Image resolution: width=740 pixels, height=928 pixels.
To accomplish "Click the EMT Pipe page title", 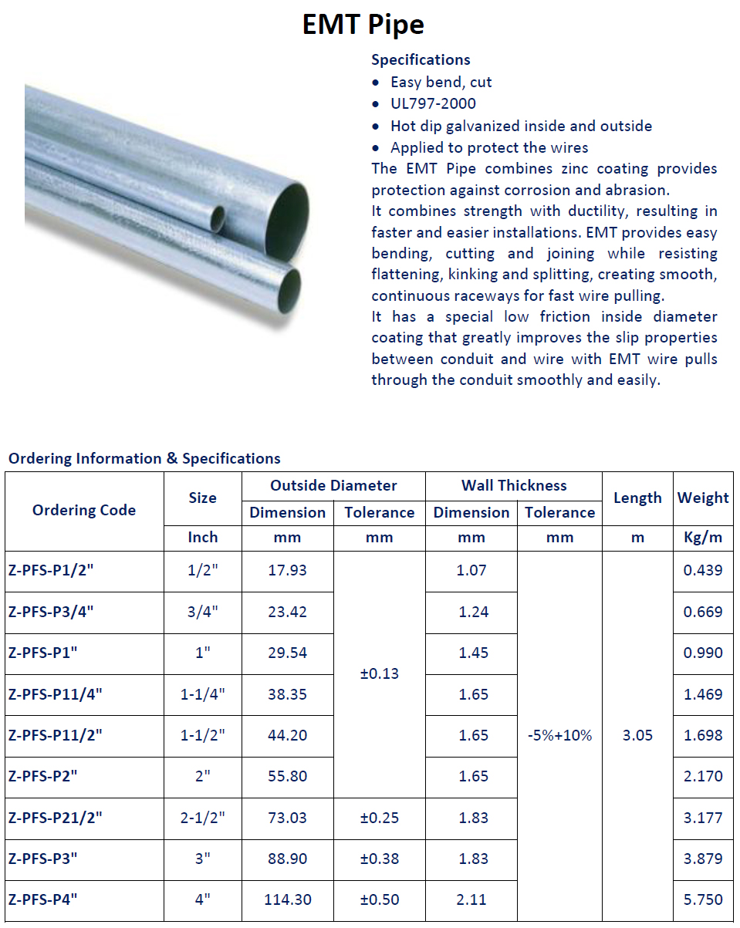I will [x=363, y=25].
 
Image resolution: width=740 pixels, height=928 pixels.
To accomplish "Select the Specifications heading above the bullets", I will [x=421, y=59].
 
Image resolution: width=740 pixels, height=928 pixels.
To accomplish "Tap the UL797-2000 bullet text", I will [x=433, y=103].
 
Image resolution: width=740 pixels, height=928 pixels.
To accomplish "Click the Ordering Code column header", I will [x=84, y=510].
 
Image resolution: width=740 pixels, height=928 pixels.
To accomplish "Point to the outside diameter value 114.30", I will [x=287, y=899].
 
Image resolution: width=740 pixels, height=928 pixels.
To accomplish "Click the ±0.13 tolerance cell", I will [x=380, y=673].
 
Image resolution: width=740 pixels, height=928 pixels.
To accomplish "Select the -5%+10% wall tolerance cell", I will [x=559, y=735].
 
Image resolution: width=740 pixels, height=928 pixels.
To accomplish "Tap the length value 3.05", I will [x=637, y=735].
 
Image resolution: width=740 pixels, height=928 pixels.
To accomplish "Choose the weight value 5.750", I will [x=703, y=899].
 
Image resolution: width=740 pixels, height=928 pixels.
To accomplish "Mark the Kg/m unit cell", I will [x=703, y=538].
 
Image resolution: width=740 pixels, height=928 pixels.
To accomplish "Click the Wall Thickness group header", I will [x=514, y=485].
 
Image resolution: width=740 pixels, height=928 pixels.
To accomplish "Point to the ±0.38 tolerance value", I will [x=380, y=859].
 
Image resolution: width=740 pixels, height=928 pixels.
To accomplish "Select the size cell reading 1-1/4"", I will [x=203, y=694].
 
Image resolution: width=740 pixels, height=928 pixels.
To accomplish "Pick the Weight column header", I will [x=703, y=498].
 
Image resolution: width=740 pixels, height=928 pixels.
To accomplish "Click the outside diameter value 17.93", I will [x=287, y=571].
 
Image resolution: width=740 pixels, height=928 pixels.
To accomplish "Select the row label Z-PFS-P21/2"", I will [x=56, y=818].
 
